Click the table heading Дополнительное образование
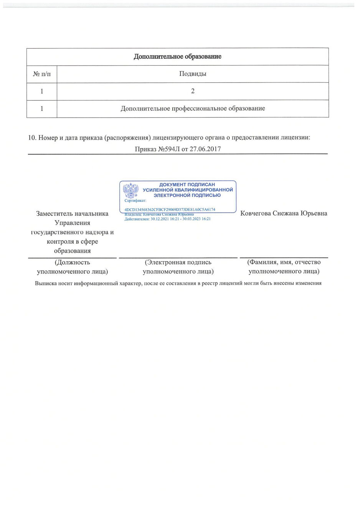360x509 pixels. click(x=177, y=57)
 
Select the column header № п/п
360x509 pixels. click(x=41, y=74)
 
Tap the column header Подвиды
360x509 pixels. click(x=193, y=74)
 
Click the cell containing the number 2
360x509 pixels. click(x=193, y=91)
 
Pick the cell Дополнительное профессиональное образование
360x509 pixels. click(x=193, y=109)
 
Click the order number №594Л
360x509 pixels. click(x=168, y=149)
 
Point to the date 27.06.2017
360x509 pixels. click(x=205, y=149)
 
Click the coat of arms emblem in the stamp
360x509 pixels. click(x=130, y=190)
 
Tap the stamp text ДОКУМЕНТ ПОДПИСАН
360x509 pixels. click(x=187, y=184)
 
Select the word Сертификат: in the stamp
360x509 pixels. click(x=135, y=201)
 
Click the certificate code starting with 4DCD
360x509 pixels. click(x=170, y=209)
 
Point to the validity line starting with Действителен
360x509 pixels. click(x=167, y=219)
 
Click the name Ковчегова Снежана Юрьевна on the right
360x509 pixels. click(x=284, y=213)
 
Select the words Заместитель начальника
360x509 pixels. click(x=72, y=214)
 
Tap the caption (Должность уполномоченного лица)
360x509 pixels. click(x=72, y=267)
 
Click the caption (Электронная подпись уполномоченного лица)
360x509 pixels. click(x=178, y=267)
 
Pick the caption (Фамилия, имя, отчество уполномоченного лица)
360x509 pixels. click(x=284, y=267)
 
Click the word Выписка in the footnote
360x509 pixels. click(x=45, y=283)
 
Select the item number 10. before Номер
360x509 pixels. click(x=32, y=137)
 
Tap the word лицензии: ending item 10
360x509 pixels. click(x=296, y=137)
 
